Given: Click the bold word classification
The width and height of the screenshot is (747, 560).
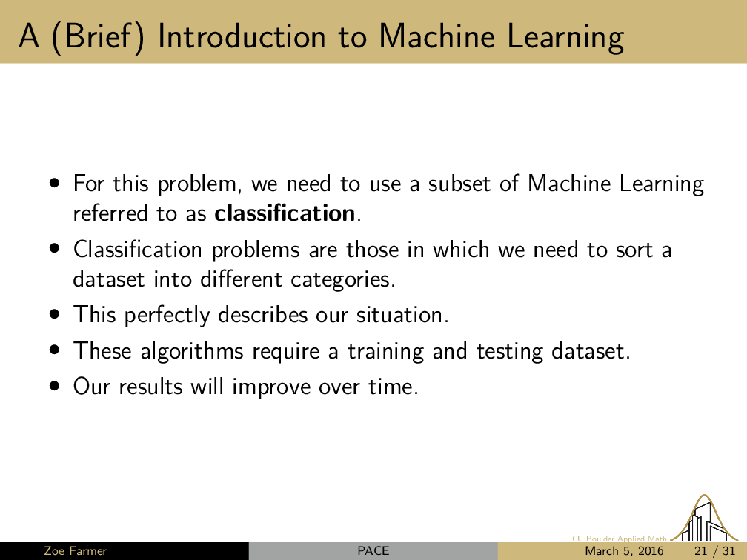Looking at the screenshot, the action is coord(285,213).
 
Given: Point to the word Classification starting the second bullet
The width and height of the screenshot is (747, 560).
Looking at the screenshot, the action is coord(138,249).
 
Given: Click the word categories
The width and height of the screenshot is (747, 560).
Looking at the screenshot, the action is coord(343,279).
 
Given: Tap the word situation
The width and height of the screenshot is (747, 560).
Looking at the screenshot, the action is coord(402,315).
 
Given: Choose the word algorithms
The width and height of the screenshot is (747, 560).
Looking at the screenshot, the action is coord(192,351).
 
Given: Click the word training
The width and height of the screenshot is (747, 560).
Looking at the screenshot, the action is coord(385,351).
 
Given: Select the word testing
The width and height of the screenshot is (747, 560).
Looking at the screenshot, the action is coord(510,351).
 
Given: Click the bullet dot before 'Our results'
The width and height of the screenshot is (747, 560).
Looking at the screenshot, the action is coord(56,386).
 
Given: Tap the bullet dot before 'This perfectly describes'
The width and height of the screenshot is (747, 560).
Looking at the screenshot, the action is coord(56,314).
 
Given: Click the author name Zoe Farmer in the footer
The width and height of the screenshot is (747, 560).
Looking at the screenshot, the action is coord(76,551).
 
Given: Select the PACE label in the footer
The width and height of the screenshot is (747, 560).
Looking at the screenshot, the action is coord(373,551).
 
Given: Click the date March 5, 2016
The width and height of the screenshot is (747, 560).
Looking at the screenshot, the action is coord(624,551).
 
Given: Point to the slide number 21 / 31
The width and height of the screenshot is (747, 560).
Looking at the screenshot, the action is coord(715,551).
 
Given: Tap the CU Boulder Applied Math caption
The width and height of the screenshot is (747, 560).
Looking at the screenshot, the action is coord(620,539).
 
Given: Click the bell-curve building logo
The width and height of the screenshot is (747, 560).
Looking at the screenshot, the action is coord(704,519).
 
